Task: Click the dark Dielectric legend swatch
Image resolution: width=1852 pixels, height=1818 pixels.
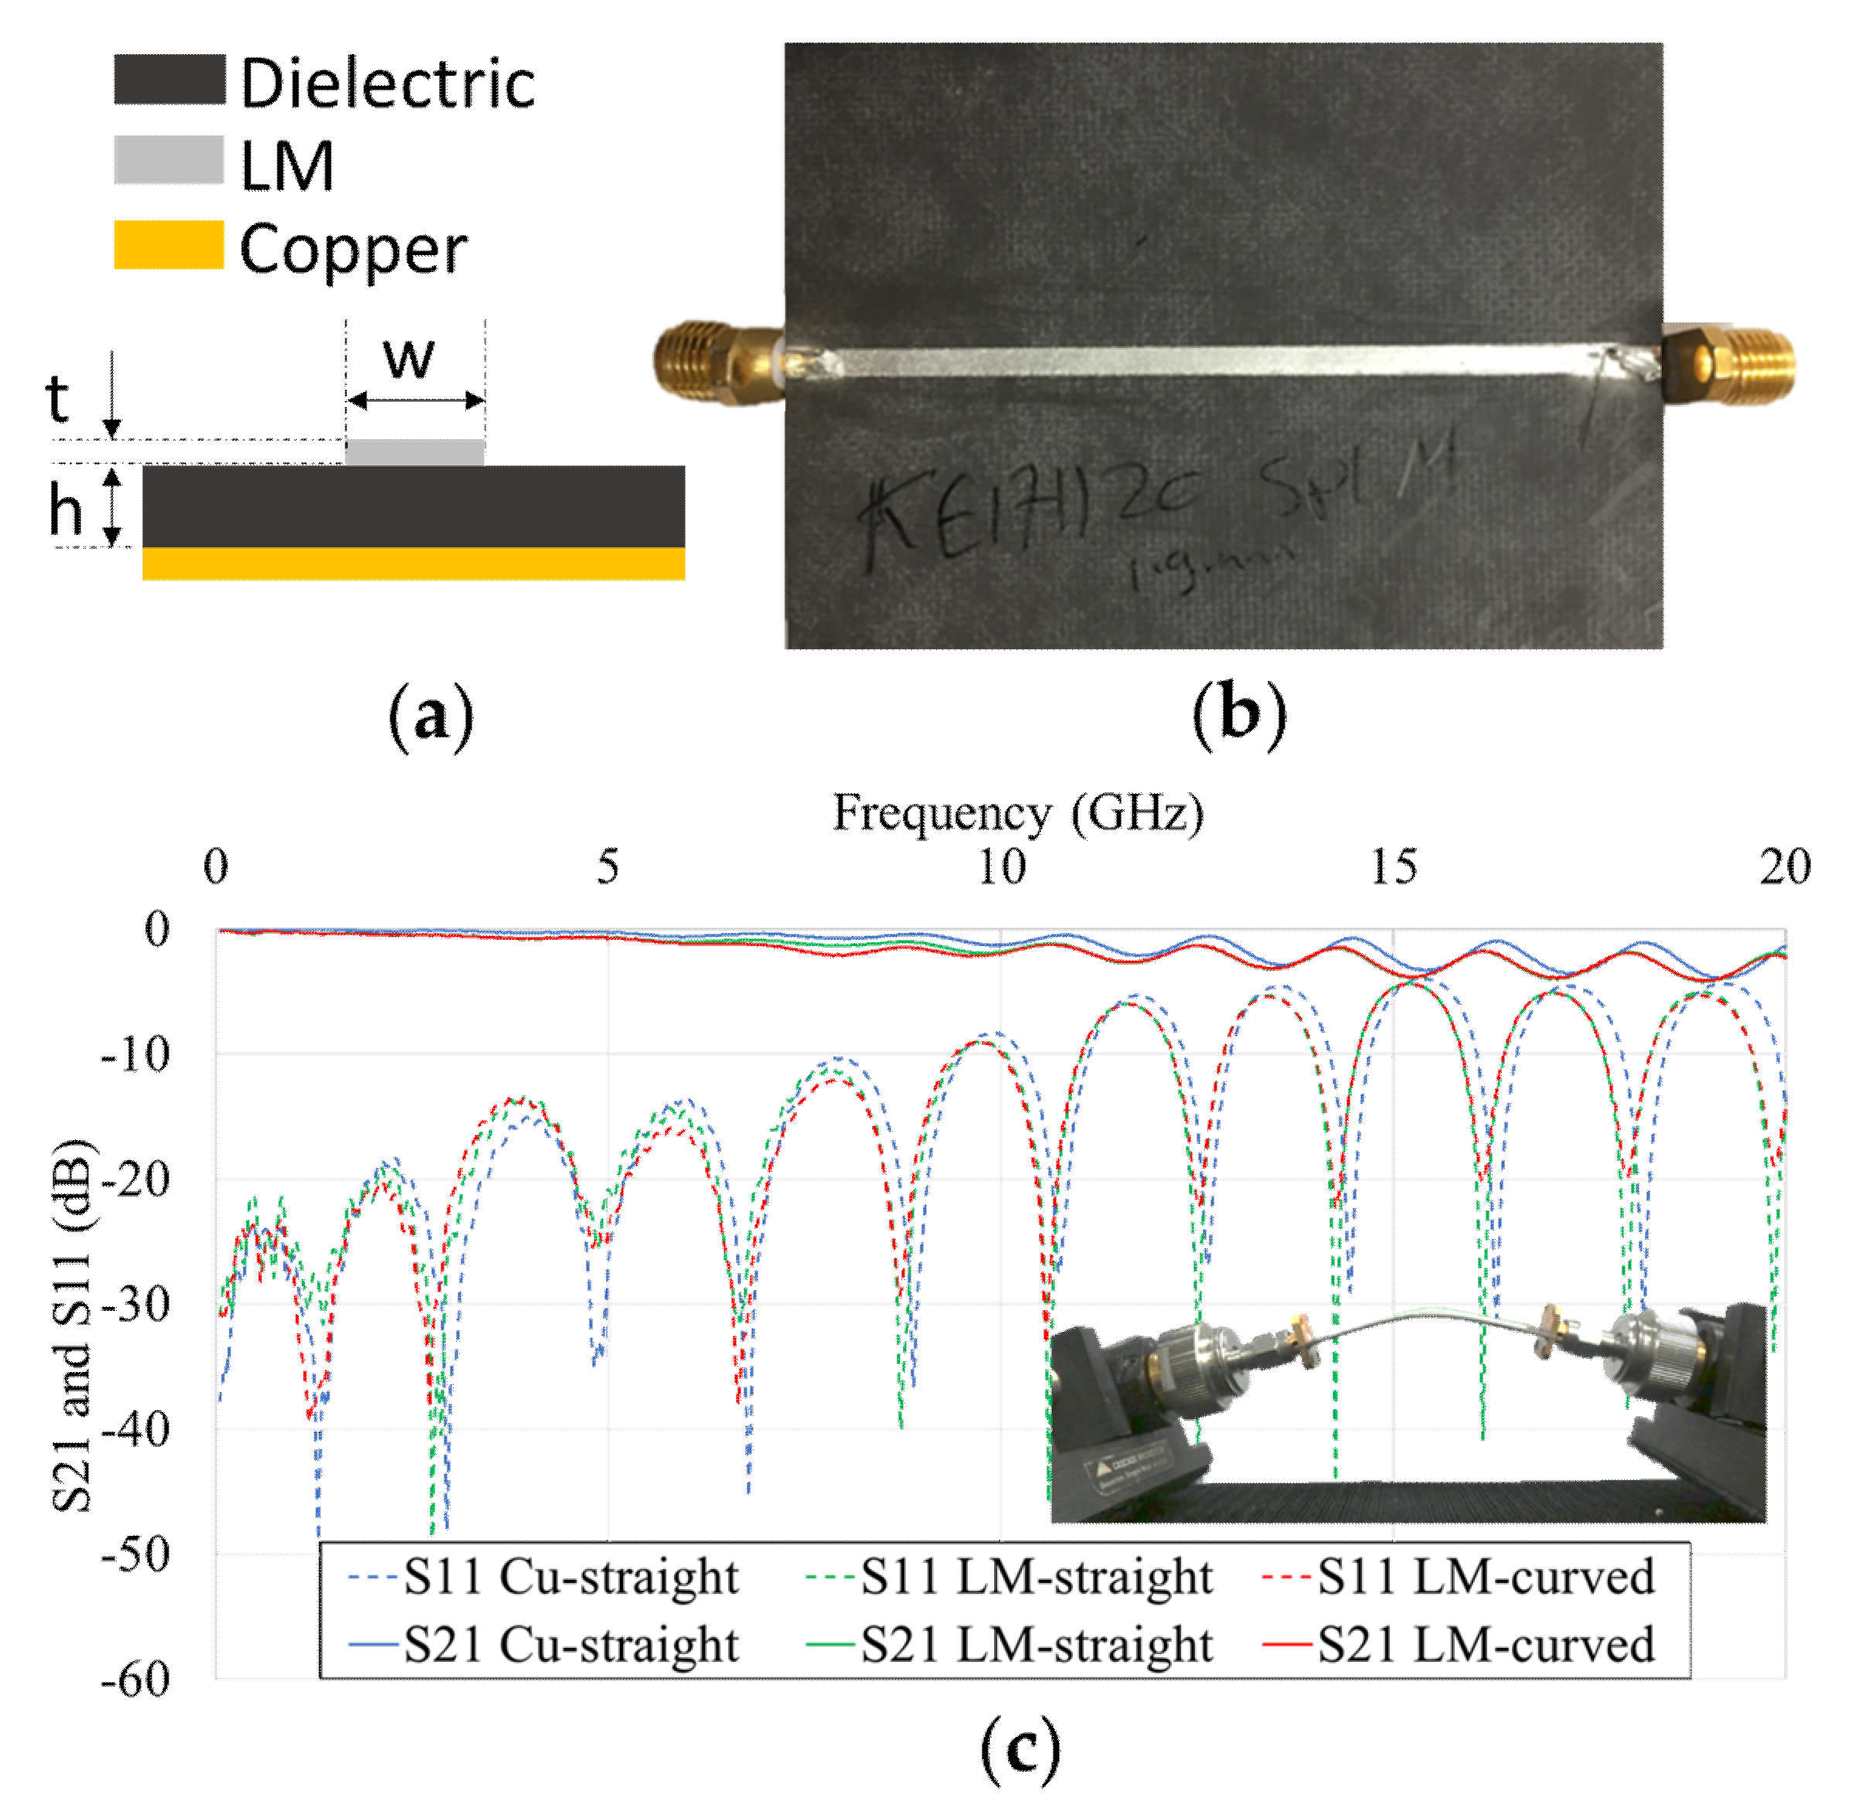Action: coord(169,80)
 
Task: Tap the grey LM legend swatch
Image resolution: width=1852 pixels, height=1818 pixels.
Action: coord(169,161)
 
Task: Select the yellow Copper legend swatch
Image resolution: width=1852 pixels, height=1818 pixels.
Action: coord(169,244)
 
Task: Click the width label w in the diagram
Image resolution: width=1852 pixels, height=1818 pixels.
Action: coord(409,356)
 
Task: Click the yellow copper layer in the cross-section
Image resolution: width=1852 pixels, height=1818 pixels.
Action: coord(414,563)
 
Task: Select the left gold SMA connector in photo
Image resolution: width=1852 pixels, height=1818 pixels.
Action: coord(716,363)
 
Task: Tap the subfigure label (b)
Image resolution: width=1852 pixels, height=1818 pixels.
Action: coord(1239,715)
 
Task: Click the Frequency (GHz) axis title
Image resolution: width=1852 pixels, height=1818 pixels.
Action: coord(1018,812)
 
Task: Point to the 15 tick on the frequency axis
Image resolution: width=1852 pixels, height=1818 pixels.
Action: coord(1393,867)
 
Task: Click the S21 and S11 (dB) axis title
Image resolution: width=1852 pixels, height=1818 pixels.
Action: coord(74,1327)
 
